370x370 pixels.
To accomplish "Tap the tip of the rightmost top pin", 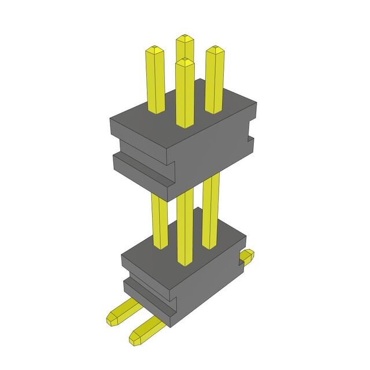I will point(214,50).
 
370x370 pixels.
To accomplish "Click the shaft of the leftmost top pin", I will point(155,81).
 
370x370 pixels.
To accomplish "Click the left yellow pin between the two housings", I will point(159,220).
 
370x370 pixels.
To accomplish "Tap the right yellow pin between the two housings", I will point(211,208).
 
